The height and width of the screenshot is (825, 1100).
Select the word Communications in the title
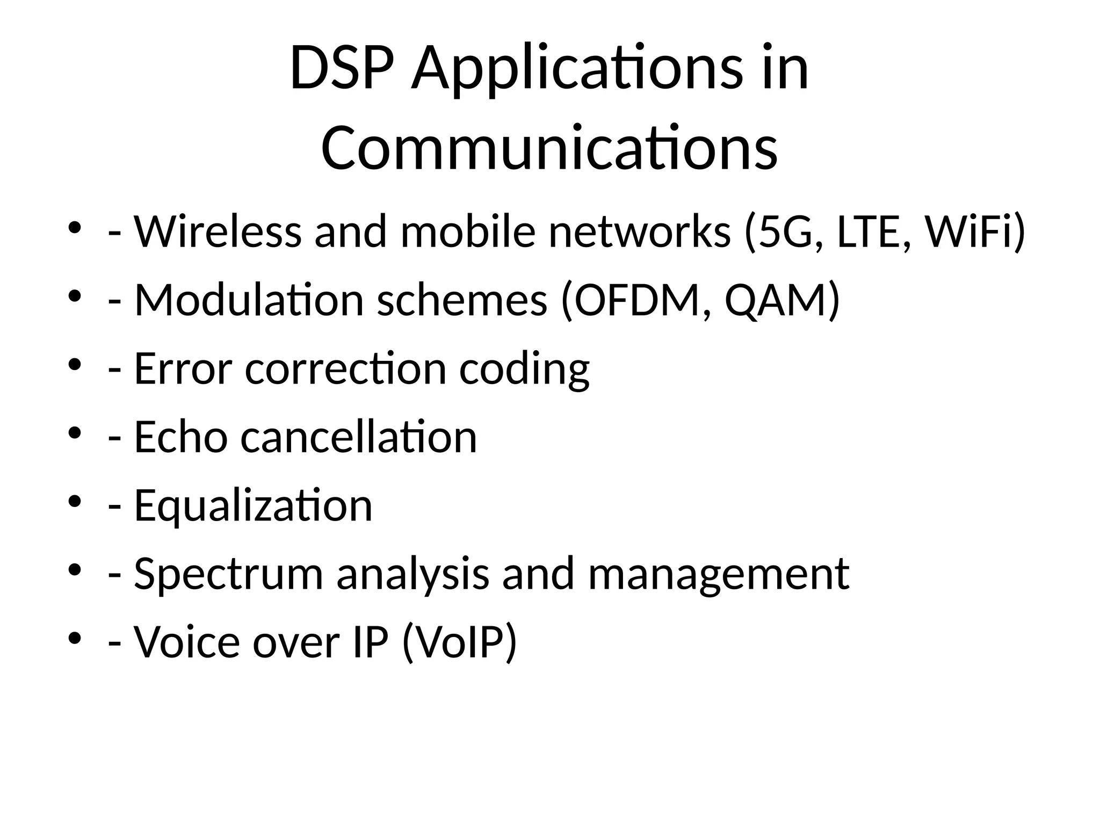549,148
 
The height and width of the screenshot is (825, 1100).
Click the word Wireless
218,231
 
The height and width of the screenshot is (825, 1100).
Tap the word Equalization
253,506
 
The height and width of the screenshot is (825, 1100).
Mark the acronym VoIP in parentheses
459,642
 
